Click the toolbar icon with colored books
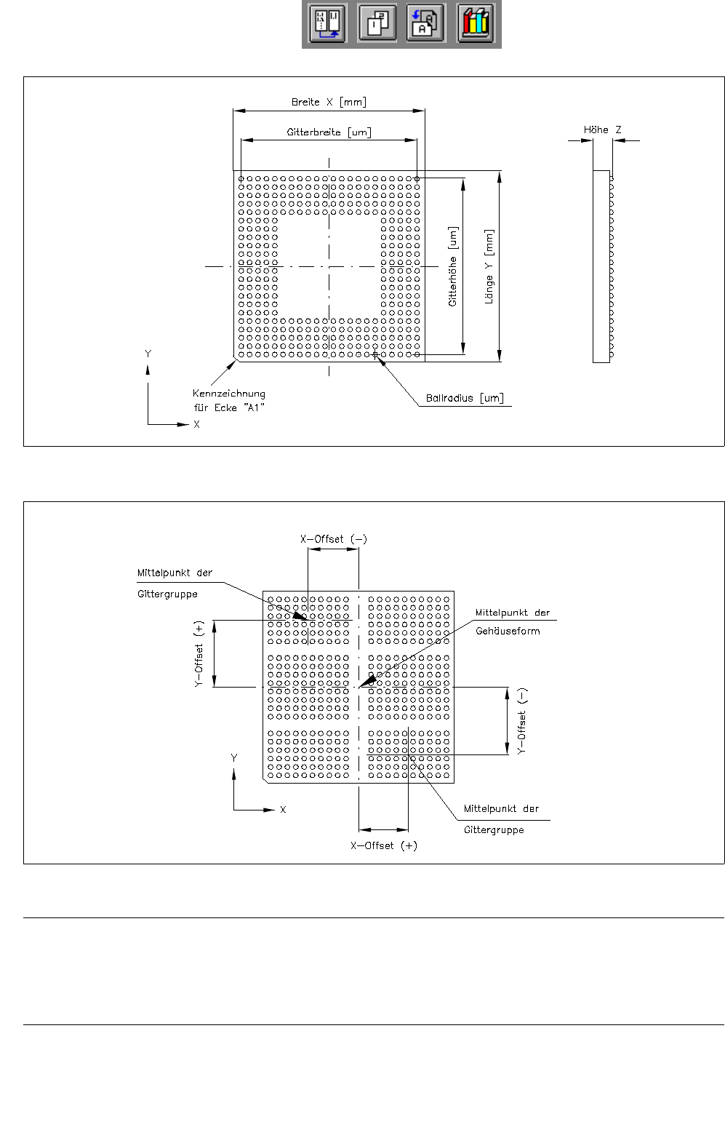pos(476,23)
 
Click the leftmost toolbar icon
pos(327,23)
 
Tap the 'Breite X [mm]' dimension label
pos(329,102)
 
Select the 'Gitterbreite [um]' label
pos(329,132)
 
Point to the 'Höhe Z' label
pos(602,130)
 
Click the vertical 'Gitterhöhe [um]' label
pos(453,266)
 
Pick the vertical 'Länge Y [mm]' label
pos(489,266)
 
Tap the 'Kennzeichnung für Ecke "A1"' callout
pos(229,400)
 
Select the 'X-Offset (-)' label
pos(334,539)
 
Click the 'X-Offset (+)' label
pos(384,845)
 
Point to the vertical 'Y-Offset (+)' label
pos(199,654)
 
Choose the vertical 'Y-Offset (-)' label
pos(521,721)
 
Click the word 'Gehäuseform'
pos(508,631)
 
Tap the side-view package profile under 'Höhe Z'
pos(601,266)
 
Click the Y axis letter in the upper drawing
pos(148,354)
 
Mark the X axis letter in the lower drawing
pos(283,810)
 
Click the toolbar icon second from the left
pos(377,23)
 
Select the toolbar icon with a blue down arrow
pos(425,23)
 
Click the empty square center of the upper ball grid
pos(329,266)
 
